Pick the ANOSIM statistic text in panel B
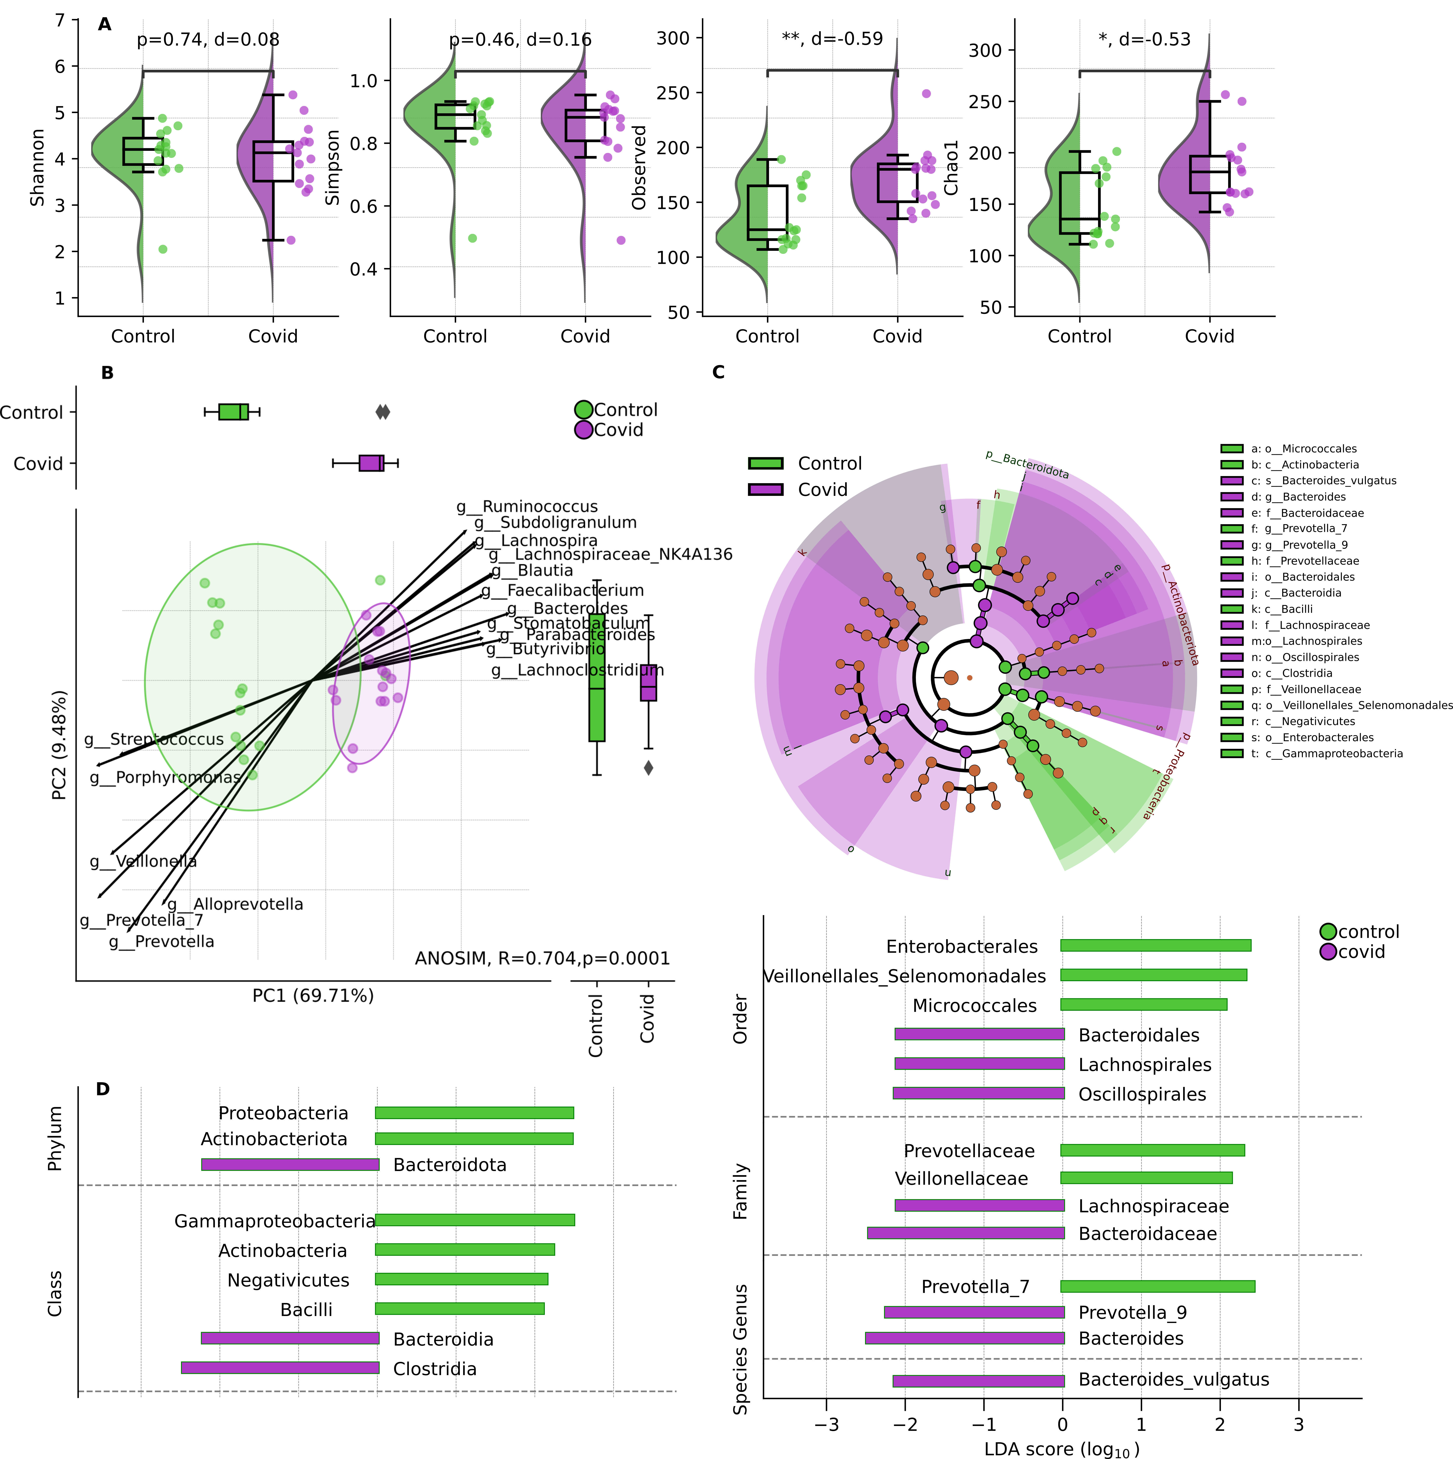pos(542,958)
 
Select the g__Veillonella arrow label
pos(143,861)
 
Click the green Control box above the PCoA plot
pos(233,412)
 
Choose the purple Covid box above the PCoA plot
pos(371,463)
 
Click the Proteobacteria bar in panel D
pos(474,1112)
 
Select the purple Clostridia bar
pos(280,1367)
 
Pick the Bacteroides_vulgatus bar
pos(978,1380)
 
